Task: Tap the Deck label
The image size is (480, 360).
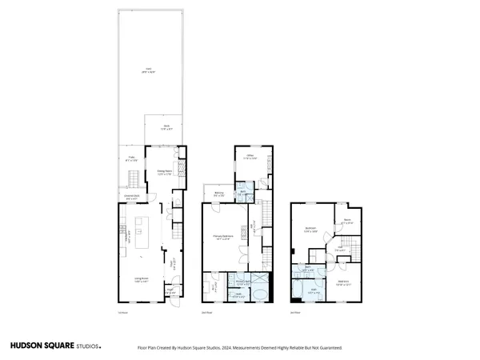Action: click(166, 127)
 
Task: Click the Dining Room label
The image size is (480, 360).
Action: click(164, 173)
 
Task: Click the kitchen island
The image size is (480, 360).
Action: click(144, 234)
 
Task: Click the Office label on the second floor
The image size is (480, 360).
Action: click(249, 157)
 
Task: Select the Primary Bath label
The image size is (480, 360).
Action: click(241, 282)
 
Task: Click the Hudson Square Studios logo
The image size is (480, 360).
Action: click(55, 346)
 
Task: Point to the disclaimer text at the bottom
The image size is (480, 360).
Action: click(240, 348)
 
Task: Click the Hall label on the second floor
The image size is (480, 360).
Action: click(254, 226)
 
